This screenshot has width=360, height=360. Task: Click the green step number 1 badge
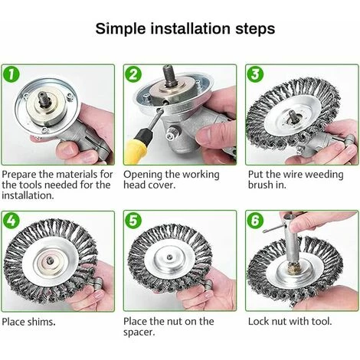coord(11,74)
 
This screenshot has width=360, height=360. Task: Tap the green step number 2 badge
coord(133,74)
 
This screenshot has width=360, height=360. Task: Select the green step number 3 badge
coord(256,74)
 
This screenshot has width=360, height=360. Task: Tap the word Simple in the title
coord(120,29)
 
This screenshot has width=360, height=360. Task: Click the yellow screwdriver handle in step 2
coord(136,149)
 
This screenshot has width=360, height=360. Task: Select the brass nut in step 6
coord(294,269)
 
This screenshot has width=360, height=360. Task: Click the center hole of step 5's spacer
coord(169,257)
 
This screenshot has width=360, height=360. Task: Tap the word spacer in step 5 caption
coord(139,333)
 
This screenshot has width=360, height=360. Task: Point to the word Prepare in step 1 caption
coord(19,175)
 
